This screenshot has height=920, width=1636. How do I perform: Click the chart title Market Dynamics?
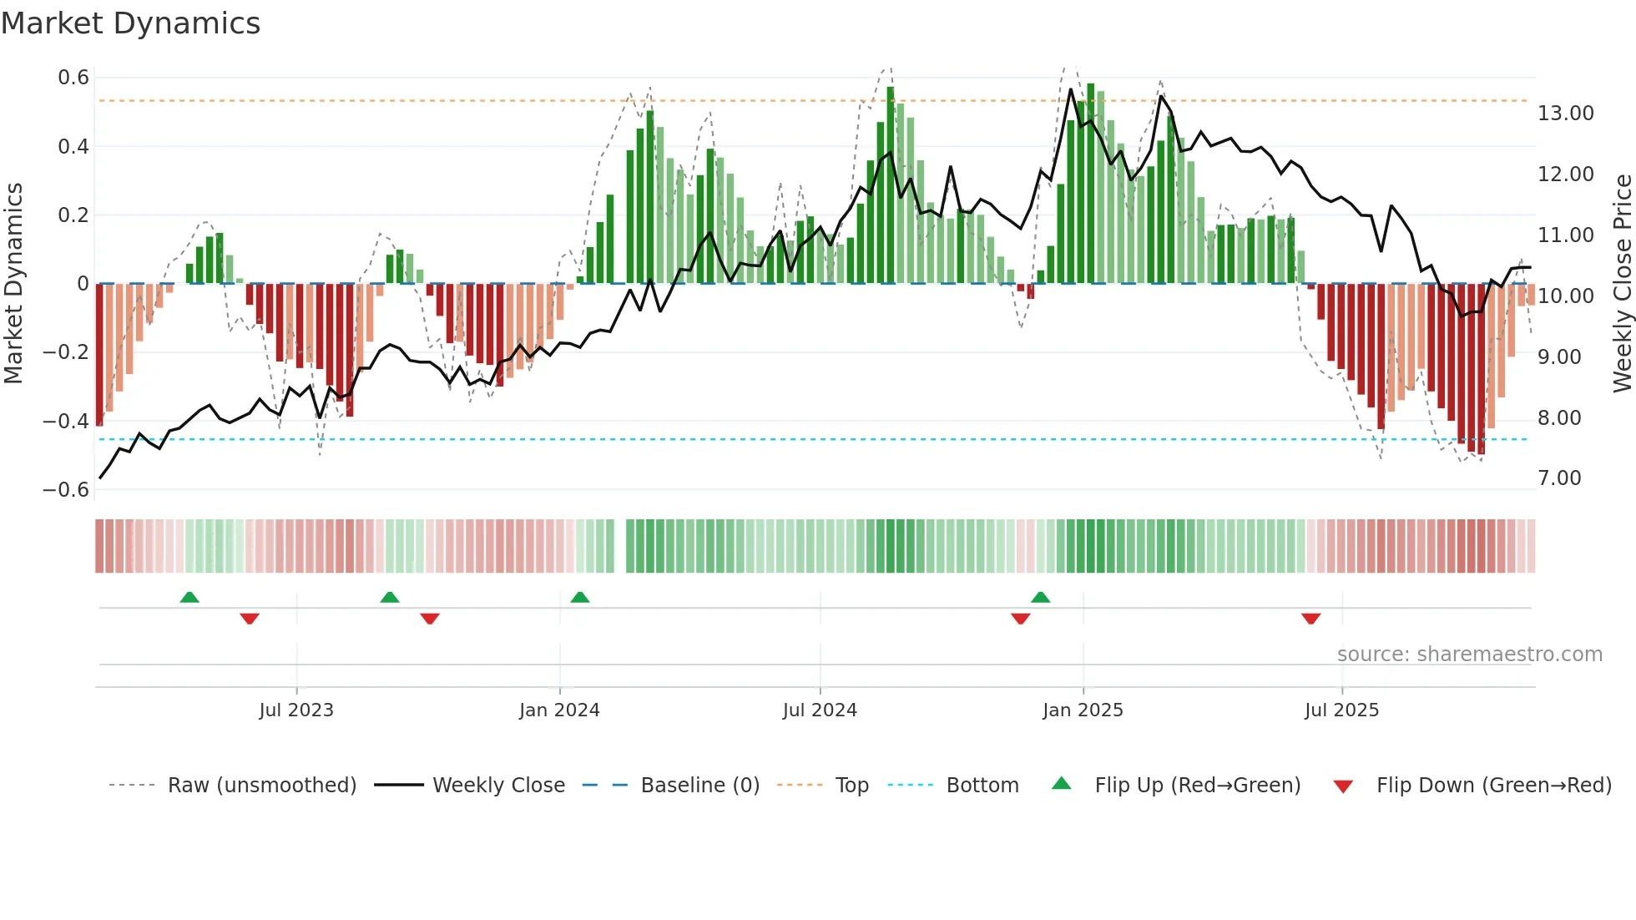(130, 23)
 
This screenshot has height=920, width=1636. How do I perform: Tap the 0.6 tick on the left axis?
(73, 78)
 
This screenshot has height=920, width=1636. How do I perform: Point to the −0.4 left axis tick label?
(66, 421)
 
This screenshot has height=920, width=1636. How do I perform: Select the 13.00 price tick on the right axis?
(1565, 114)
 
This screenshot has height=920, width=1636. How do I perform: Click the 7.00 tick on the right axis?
(1559, 478)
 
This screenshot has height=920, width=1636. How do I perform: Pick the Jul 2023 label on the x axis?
(296, 710)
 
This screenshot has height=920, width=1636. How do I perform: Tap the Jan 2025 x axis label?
(1083, 710)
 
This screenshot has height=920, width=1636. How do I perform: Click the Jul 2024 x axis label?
(820, 710)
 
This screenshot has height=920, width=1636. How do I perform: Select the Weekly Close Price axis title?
(1622, 283)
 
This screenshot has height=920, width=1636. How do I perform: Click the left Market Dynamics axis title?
(13, 283)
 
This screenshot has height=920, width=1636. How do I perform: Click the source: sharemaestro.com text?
(1469, 655)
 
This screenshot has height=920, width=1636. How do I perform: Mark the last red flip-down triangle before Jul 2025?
(1310, 619)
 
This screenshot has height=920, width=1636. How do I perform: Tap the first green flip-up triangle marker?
(189, 597)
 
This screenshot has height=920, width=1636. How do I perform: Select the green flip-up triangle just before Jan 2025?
(1040, 597)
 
